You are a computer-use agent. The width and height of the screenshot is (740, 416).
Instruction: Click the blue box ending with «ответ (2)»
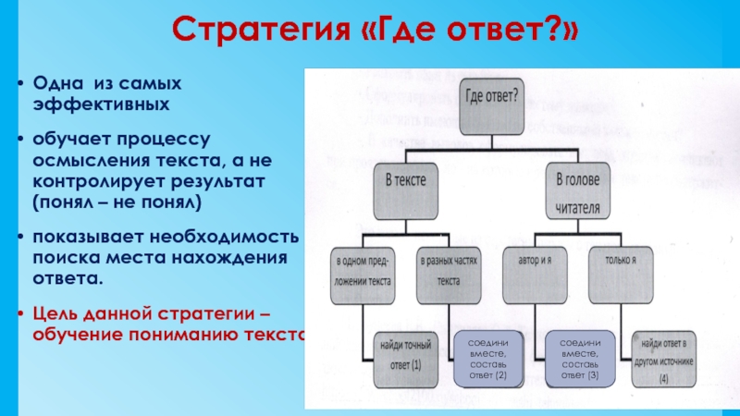[x=488, y=359]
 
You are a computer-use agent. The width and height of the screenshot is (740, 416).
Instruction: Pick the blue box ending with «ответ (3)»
[x=580, y=359]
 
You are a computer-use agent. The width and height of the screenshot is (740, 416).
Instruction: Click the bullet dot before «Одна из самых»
[x=21, y=84]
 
